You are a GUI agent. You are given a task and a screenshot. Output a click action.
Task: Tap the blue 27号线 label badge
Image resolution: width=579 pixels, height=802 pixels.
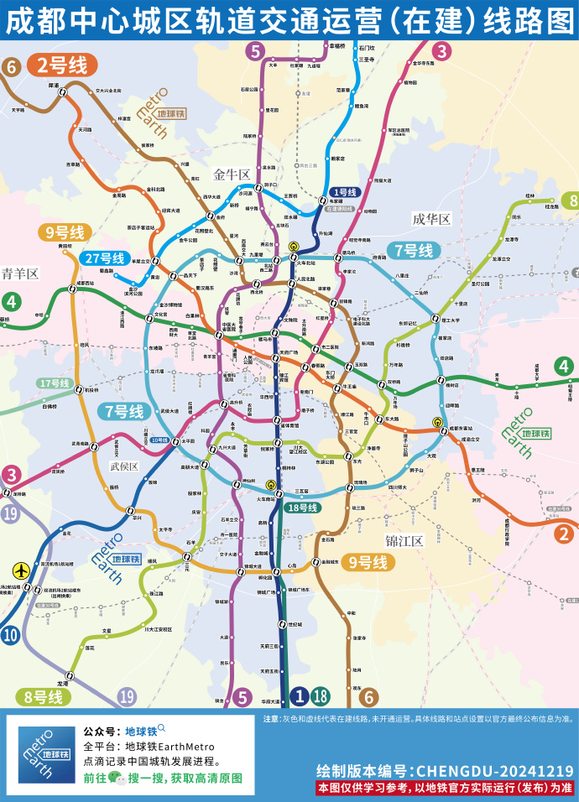tap(105, 258)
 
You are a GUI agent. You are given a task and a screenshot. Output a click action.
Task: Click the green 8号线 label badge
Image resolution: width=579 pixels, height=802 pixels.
tap(43, 696)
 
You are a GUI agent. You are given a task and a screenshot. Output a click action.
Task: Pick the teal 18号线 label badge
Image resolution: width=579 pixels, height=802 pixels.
tap(303, 508)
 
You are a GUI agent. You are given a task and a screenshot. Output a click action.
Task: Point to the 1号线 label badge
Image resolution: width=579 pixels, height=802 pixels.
tap(345, 192)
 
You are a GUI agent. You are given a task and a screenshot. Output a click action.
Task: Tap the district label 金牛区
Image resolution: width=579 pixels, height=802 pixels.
tap(232, 174)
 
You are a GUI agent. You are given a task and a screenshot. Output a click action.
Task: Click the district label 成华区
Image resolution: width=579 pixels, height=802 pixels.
tap(431, 219)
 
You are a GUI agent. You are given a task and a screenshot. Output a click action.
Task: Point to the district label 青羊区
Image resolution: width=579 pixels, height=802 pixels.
tap(20, 273)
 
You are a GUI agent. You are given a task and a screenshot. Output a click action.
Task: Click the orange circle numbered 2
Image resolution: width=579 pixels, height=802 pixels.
tap(566, 533)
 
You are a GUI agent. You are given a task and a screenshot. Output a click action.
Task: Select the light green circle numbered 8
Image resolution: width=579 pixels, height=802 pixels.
tap(571, 200)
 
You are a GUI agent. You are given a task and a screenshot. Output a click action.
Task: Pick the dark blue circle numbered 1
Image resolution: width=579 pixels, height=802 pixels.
tap(300, 695)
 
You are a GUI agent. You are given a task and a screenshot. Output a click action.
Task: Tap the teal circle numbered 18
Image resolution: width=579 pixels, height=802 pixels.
tap(320, 695)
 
